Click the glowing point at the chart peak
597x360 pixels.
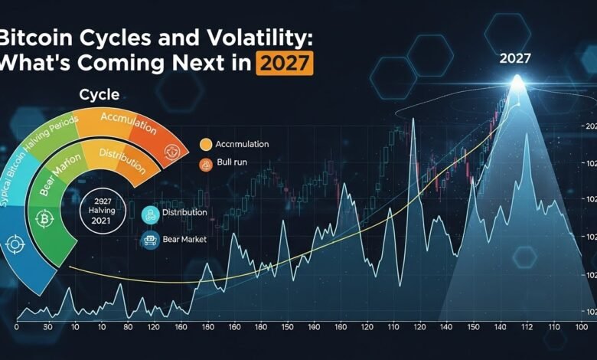518,82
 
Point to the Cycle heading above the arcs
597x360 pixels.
99,95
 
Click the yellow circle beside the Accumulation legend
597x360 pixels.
204,143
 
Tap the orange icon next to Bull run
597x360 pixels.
204,165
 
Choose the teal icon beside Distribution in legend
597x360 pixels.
150,213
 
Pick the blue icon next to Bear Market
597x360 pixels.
150,240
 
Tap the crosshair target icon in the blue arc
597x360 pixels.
14,245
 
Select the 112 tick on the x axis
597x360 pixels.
525,327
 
